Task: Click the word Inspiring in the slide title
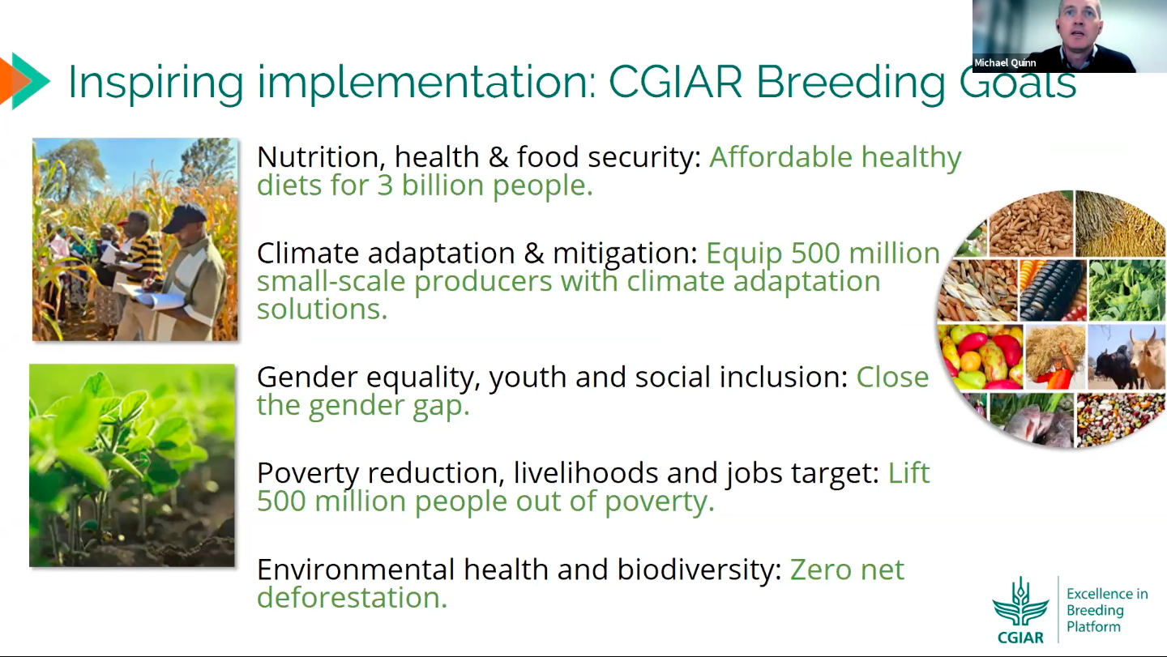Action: [x=156, y=83]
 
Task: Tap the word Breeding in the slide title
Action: [x=851, y=83]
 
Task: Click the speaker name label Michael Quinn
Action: [x=1005, y=63]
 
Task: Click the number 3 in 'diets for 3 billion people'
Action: [x=385, y=186]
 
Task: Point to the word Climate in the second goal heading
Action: [x=308, y=253]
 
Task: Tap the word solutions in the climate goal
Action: [x=322, y=309]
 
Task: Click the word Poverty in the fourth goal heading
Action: [x=308, y=474]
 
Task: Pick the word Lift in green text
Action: [x=908, y=473]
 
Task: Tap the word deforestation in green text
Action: [x=353, y=597]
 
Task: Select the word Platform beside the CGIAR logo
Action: [x=1093, y=627]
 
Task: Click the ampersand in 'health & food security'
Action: [x=498, y=158]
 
